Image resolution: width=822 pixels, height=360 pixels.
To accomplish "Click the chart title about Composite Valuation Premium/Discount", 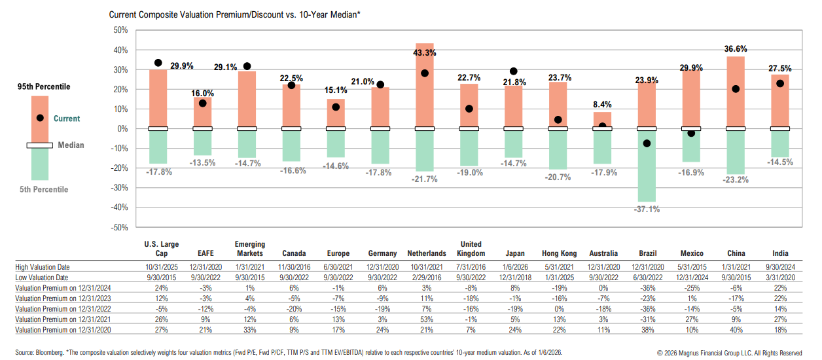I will (235, 14).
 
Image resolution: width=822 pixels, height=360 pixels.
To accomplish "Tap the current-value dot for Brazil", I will (647, 143).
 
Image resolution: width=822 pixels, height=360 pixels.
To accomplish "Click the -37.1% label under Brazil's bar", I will (647, 209).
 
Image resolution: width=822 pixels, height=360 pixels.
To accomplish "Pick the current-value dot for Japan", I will (514, 71).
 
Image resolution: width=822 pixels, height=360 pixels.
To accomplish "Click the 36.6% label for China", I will (736, 49).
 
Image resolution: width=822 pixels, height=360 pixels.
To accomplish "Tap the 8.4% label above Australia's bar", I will (602, 104).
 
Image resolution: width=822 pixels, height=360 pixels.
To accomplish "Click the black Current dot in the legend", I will (40, 118).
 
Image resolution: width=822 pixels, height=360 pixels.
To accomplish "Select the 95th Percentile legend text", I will (44, 86).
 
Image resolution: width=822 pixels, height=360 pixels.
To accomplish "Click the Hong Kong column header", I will (558, 253).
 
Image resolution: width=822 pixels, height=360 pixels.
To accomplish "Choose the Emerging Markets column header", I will (249, 249).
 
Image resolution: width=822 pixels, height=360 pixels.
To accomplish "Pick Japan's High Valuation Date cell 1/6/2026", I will (514, 267).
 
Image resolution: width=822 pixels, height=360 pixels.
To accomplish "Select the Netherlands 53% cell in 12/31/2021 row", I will (425, 319).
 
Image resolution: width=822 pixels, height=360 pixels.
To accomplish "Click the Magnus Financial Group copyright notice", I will (729, 353).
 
